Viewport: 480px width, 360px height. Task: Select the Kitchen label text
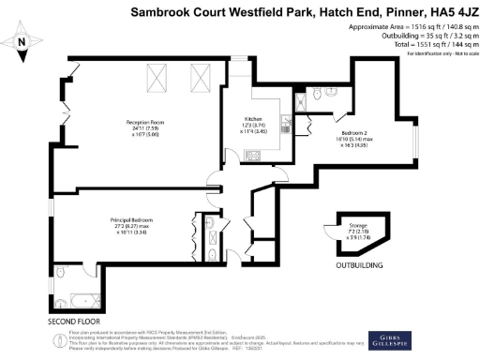pyautogui.click(x=253, y=119)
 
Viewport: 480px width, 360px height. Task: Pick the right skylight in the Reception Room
pyautogui.click(x=200, y=73)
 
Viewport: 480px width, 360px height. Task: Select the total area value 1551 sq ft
pyautogui.click(x=426, y=43)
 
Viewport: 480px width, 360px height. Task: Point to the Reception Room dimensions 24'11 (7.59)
pyautogui.click(x=145, y=129)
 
